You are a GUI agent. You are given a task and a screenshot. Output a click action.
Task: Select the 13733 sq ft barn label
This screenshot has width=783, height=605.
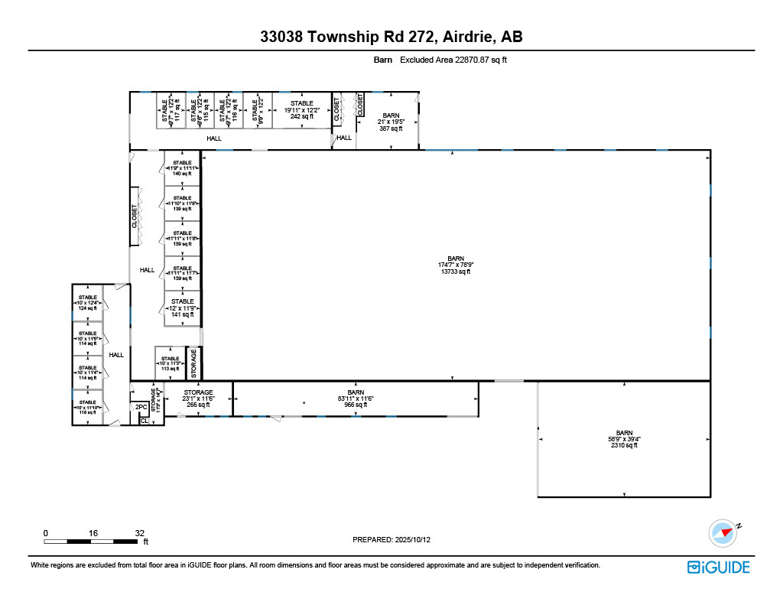click(466, 265)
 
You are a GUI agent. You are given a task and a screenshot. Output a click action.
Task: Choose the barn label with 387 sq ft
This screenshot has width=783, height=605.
click(391, 122)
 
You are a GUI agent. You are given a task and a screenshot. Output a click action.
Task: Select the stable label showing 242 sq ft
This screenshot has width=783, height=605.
click(301, 110)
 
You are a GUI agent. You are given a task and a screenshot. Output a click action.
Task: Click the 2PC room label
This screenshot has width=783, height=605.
click(141, 408)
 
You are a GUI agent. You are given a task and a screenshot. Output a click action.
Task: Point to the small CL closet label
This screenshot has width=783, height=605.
click(144, 421)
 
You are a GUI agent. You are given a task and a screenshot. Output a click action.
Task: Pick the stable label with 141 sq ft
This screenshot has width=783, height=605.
click(183, 307)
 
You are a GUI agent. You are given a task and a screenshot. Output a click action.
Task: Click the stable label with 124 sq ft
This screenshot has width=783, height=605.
click(88, 303)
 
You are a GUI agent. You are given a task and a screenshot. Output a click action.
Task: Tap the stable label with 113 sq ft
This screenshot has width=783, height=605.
click(170, 363)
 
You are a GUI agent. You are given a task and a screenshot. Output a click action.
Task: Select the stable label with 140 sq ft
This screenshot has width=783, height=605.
click(182, 168)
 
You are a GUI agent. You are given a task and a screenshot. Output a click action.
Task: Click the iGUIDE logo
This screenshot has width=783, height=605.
click(718, 567)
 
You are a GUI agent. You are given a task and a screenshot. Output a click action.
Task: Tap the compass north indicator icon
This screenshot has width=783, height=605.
click(723, 532)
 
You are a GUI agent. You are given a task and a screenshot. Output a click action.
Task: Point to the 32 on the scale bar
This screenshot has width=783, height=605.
click(139, 532)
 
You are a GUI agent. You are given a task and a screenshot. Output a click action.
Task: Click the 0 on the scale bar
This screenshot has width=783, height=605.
click(46, 532)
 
